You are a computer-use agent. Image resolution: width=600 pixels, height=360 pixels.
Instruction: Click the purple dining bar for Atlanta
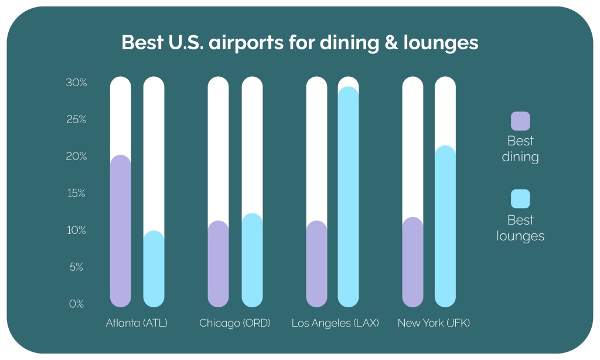[x=120, y=231]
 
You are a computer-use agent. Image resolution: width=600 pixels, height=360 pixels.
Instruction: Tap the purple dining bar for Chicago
[x=218, y=264]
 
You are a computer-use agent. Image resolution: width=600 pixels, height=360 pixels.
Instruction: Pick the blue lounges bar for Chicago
[x=252, y=260]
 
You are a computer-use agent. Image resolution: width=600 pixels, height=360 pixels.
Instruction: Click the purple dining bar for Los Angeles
[x=316, y=264]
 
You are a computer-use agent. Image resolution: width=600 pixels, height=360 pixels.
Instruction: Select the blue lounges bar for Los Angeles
[x=348, y=197]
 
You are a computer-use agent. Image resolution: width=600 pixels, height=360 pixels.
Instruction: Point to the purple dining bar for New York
[x=412, y=262]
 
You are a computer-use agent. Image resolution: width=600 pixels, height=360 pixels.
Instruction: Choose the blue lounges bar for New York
[x=445, y=226]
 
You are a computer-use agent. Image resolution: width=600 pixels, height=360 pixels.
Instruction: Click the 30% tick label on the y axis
[x=76, y=83]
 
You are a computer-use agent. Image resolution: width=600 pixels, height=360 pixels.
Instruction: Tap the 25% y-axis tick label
[x=76, y=120]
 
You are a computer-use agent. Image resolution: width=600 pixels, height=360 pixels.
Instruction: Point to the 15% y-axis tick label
[x=76, y=193]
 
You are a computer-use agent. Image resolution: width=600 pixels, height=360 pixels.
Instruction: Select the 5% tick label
[x=78, y=267]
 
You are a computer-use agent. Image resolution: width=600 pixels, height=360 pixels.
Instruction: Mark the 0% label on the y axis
[x=78, y=304]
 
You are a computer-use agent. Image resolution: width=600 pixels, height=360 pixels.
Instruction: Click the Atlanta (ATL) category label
[x=137, y=323]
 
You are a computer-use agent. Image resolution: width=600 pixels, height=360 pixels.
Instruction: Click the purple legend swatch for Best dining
[x=520, y=121]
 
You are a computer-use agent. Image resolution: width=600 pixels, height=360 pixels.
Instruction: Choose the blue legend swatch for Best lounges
[x=520, y=199]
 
